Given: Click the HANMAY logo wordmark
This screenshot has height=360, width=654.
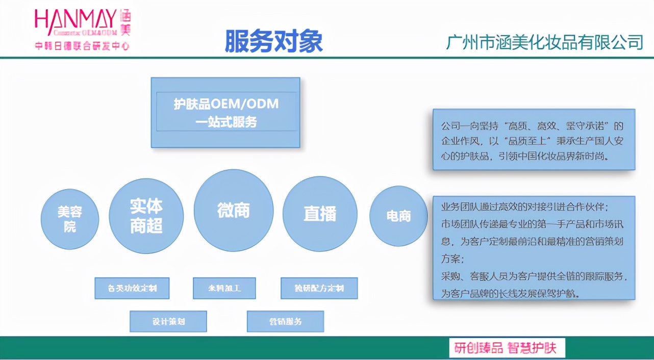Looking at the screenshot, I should click(76, 20).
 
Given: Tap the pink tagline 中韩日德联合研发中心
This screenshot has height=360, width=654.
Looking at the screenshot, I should click(82, 46).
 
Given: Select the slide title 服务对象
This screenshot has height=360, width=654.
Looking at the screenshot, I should click(274, 41).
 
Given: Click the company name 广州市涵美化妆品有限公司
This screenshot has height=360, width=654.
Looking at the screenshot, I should click(544, 42).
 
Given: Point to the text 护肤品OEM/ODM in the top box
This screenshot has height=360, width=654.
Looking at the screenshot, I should click(226, 104).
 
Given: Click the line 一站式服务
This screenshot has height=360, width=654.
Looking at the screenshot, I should click(226, 122).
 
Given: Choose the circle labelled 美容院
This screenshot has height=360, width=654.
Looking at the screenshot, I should click(70, 219).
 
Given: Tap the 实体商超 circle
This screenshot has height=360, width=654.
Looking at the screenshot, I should click(146, 216).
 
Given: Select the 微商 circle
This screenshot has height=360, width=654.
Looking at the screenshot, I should click(234, 210).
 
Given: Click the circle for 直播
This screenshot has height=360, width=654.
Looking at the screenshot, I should click(320, 214).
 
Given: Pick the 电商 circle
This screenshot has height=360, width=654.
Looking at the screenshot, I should click(398, 216).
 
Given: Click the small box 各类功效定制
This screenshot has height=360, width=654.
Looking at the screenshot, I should click(132, 288).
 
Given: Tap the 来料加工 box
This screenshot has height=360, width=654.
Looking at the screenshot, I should click(224, 288).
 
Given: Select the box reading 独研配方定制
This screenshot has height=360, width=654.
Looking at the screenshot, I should click(319, 288).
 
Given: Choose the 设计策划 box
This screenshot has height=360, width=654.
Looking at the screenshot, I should click(168, 322).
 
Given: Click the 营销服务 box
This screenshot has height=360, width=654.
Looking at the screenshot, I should click(286, 322).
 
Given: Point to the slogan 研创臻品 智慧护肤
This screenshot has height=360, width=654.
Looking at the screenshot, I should click(507, 348).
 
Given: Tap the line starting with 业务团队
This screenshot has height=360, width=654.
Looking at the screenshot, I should click(524, 208).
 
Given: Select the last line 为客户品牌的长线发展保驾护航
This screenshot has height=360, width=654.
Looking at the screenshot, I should click(510, 294).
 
